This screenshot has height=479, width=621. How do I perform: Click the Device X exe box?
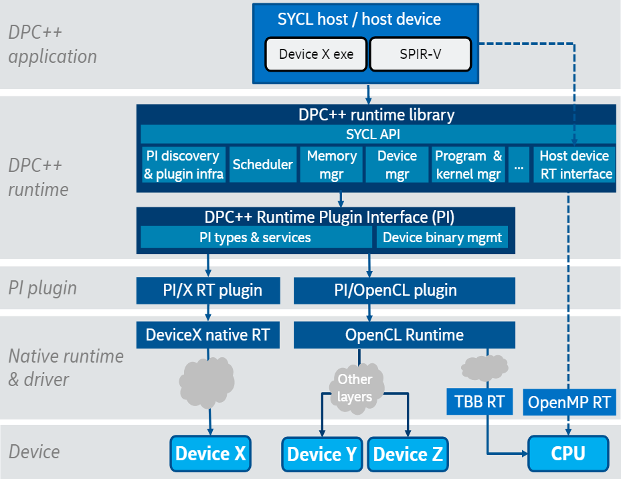[316, 54]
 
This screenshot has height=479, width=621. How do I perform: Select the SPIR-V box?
[420, 54]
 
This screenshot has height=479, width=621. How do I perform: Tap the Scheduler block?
[263, 165]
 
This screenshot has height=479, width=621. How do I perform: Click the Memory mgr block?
[331, 165]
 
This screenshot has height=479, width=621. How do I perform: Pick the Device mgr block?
[397, 165]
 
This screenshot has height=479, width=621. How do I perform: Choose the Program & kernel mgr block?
[468, 165]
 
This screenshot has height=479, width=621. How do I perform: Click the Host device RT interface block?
[574, 165]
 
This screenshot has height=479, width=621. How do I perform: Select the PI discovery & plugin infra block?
[182, 165]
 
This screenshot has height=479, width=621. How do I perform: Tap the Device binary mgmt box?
[442, 237]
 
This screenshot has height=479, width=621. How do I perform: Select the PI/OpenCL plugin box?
[404, 290]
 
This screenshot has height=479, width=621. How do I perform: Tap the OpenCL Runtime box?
[404, 334]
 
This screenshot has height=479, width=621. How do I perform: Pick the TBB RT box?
[478, 402]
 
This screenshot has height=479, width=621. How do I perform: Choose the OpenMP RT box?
[569, 402]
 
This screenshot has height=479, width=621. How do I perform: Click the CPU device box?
[568, 454]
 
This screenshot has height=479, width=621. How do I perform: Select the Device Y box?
[322, 455]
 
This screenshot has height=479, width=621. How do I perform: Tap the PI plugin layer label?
[43, 288]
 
